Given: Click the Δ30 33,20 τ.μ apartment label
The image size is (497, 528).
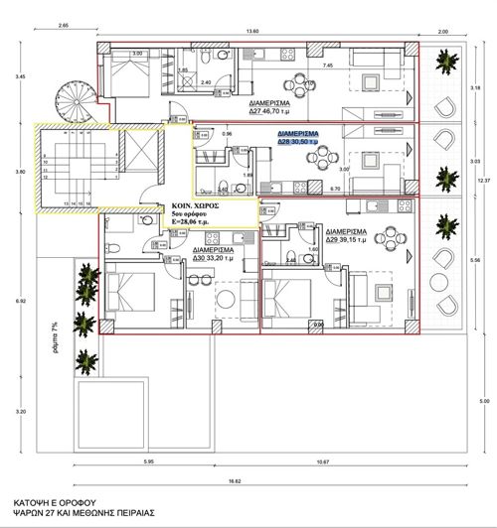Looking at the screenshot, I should pyautogui.click(x=221, y=253).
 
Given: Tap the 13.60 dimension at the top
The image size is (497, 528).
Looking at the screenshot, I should pyautogui.click(x=254, y=31).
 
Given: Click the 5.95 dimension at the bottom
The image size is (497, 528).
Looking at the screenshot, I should pyautogui.click(x=147, y=462).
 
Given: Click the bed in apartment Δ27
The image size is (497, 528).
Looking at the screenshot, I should pyautogui.click(x=125, y=71).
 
